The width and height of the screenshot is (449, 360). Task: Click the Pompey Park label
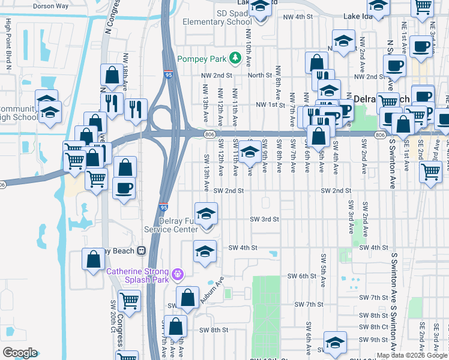pos(204,59)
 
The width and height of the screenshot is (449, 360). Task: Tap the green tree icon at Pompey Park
pos(237,59)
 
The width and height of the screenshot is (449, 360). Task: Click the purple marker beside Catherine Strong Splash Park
pos(178,274)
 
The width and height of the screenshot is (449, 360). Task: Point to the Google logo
pos(20,353)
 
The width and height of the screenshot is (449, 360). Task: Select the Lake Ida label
pos(358,17)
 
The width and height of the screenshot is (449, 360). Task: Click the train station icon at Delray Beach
pos(142,250)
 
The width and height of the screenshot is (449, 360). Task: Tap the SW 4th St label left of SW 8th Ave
pos(243,247)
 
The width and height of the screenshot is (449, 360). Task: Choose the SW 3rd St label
pos(265,219)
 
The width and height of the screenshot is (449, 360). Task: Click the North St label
pos(260,75)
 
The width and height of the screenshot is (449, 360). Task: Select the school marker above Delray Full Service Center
pos(206,214)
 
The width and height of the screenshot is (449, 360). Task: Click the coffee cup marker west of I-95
pos(124,187)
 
